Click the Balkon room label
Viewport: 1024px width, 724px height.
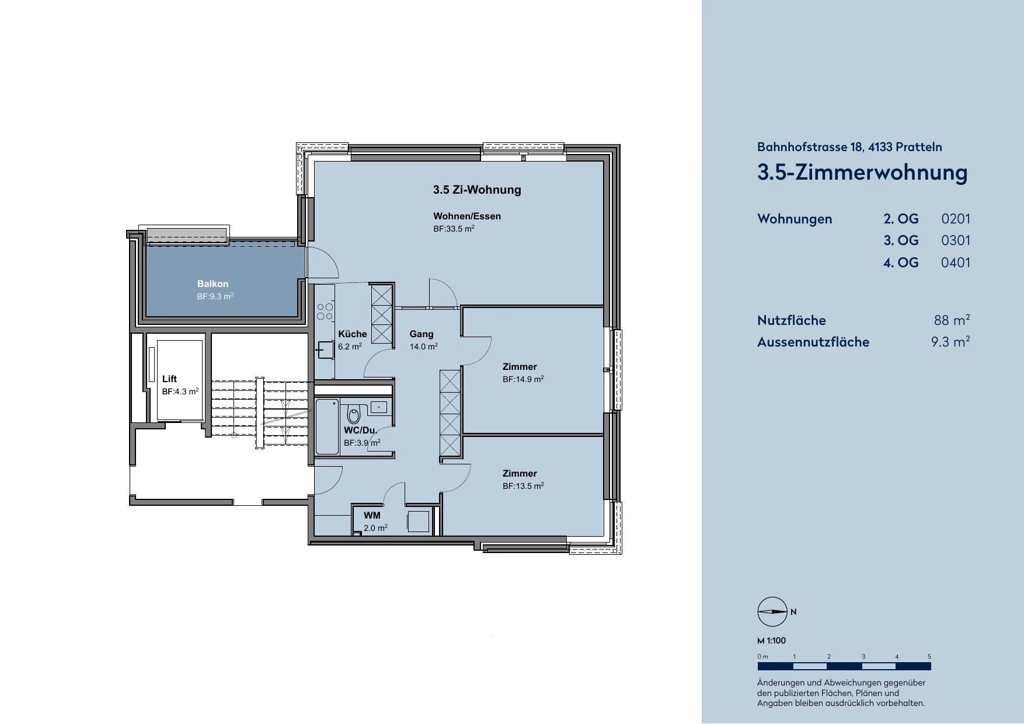point(213,284)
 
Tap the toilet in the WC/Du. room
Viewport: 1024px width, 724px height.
point(354,414)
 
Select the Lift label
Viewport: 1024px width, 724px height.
point(169,379)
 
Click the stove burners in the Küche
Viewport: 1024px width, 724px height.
point(325,312)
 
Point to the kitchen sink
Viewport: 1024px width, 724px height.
point(326,350)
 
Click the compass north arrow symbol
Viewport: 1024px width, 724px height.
point(772,612)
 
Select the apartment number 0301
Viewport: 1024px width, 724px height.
point(956,240)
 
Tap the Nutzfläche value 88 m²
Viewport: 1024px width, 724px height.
point(952,320)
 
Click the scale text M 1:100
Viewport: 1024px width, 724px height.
point(771,641)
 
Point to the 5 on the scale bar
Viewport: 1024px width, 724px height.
point(929,656)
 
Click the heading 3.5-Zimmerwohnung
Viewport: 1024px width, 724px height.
point(862,172)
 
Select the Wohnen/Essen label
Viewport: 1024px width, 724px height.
point(467,216)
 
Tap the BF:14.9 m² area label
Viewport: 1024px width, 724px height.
point(523,379)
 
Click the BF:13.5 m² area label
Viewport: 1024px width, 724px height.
point(523,486)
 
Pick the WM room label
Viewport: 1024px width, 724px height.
point(372,516)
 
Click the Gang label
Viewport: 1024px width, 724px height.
point(422,334)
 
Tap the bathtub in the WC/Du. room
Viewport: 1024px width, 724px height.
point(328,426)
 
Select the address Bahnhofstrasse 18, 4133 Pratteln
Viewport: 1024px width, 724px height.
point(849,147)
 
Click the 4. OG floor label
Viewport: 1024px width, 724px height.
point(901,263)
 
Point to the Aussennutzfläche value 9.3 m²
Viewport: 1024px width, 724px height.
point(950,342)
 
